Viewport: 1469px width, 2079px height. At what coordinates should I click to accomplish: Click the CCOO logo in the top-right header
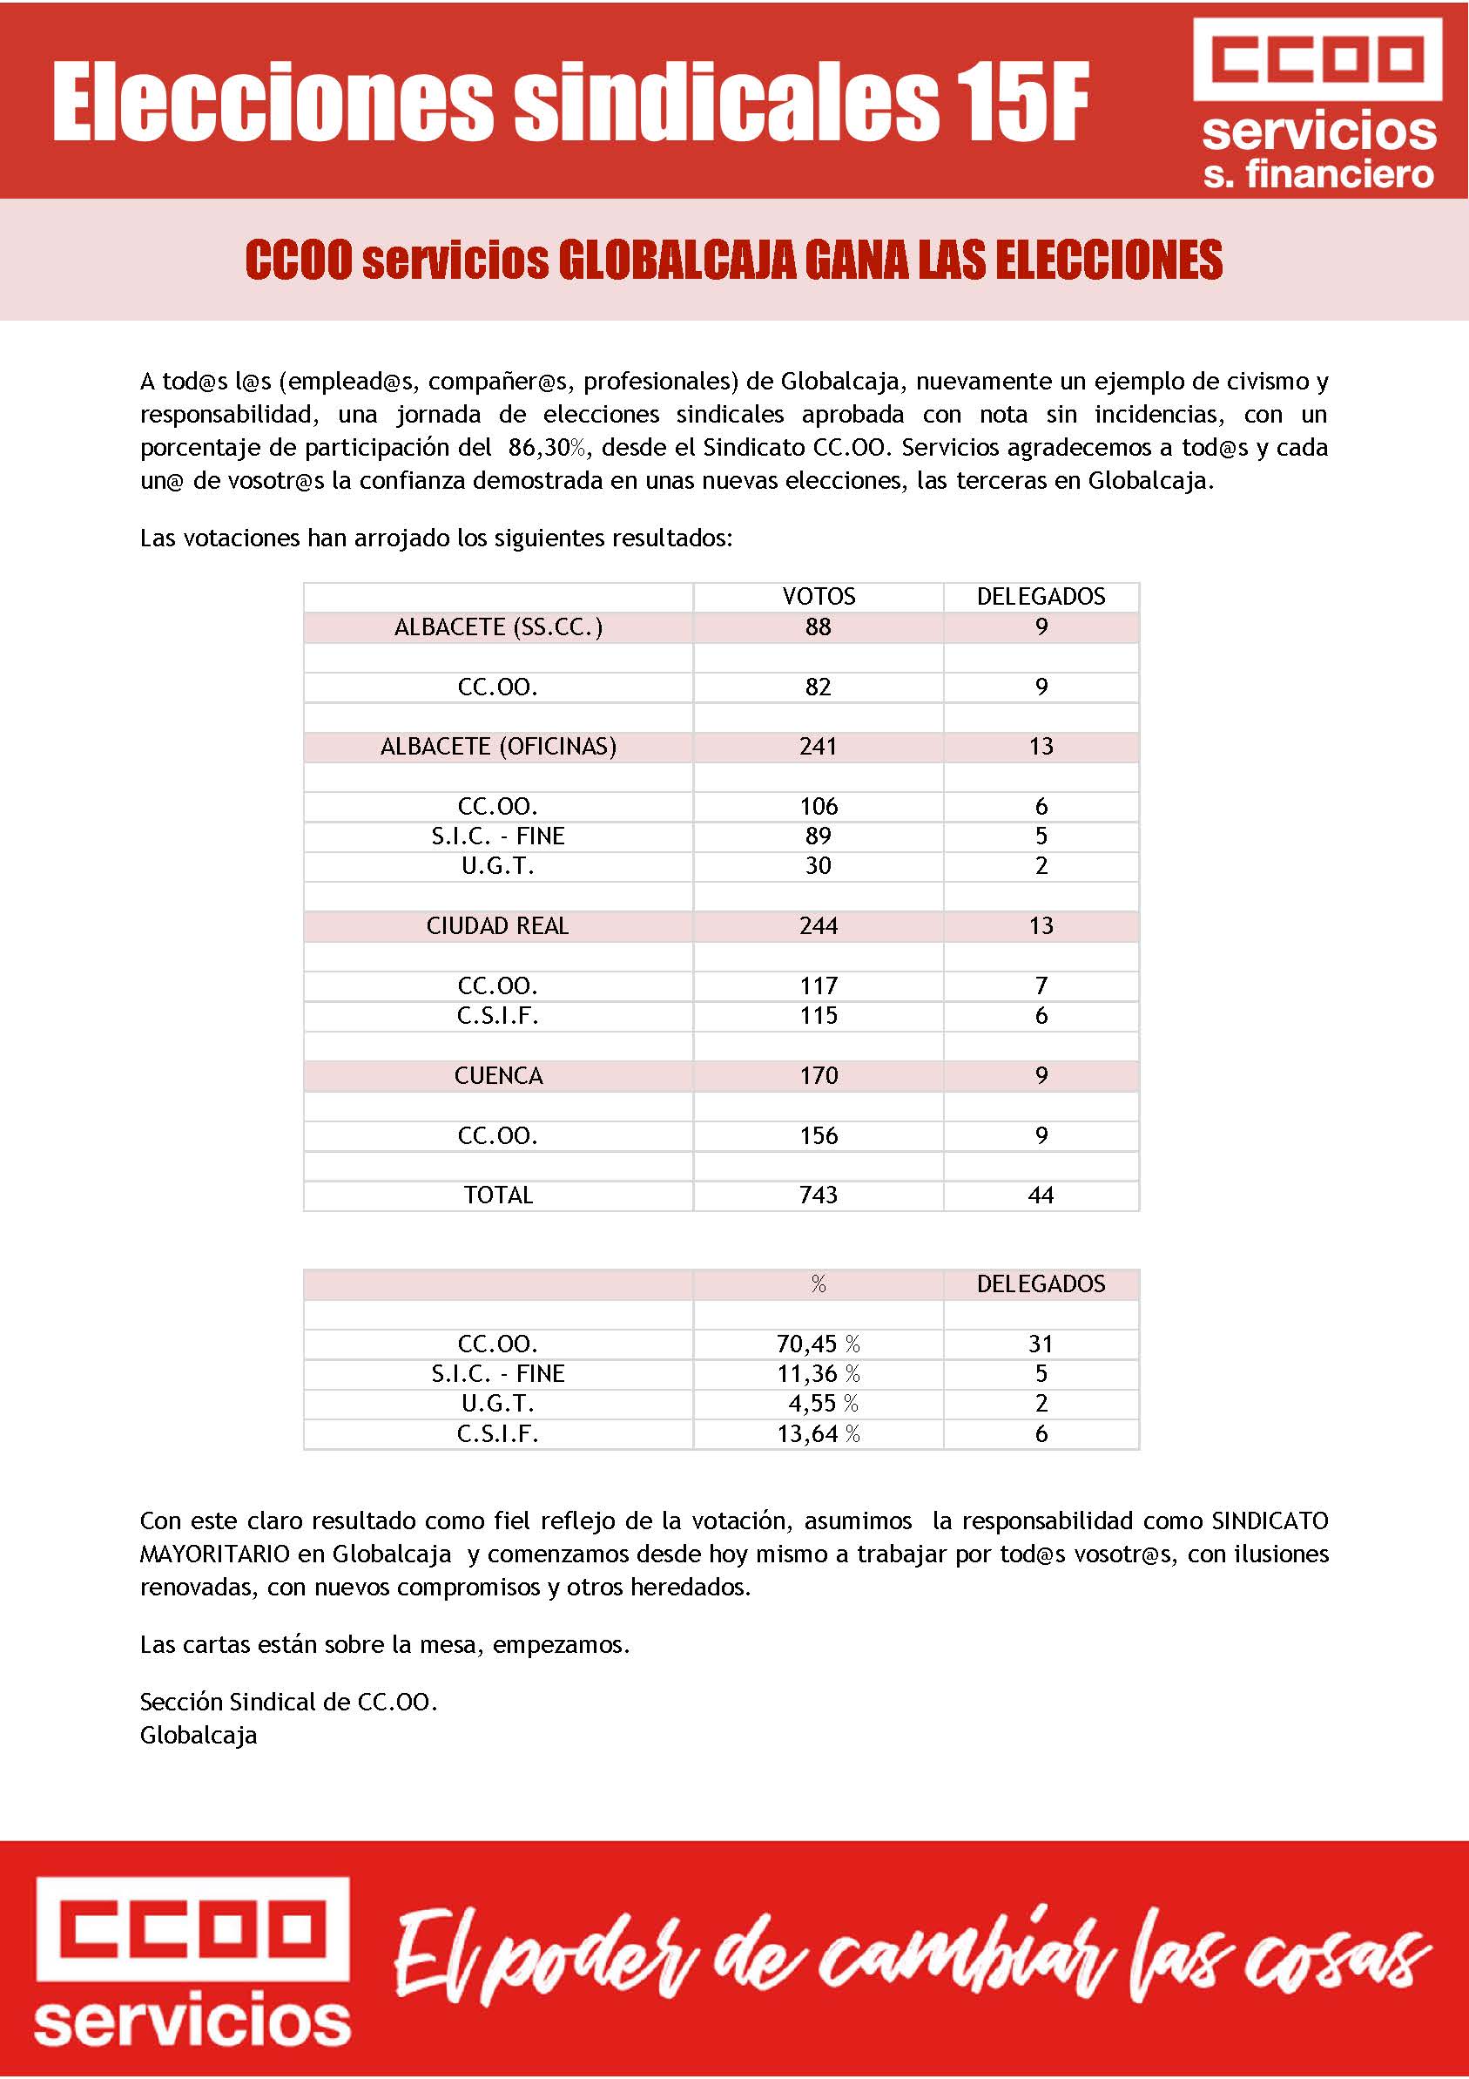point(1317,60)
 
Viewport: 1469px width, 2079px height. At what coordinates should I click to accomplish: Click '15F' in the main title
point(1020,102)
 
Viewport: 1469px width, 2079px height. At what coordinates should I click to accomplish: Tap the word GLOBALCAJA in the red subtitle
point(677,261)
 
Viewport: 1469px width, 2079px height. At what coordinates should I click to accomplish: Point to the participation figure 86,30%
point(549,447)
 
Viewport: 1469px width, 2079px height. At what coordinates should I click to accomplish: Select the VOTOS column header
point(819,597)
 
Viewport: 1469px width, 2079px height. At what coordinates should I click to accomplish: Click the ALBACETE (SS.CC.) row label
point(498,626)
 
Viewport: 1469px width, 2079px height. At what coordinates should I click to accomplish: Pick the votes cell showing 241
point(819,746)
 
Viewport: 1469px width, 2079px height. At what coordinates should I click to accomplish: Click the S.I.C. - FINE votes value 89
point(819,836)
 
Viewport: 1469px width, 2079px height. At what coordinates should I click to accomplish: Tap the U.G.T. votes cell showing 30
point(819,865)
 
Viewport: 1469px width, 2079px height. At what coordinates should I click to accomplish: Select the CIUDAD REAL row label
point(498,925)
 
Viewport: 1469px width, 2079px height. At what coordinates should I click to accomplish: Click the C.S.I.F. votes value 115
point(819,1015)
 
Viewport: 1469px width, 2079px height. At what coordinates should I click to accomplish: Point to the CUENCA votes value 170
point(819,1075)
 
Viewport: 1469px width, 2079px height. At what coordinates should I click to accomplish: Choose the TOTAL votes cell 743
point(819,1195)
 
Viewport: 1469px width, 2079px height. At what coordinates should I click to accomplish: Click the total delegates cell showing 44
point(1041,1195)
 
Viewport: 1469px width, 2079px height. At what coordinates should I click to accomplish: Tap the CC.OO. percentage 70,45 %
point(819,1344)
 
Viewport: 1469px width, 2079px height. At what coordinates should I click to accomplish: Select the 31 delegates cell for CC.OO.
point(1041,1344)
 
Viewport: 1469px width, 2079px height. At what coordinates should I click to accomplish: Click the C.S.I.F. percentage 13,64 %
point(819,1433)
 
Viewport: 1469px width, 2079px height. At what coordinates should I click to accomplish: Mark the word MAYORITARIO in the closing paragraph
point(214,1554)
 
